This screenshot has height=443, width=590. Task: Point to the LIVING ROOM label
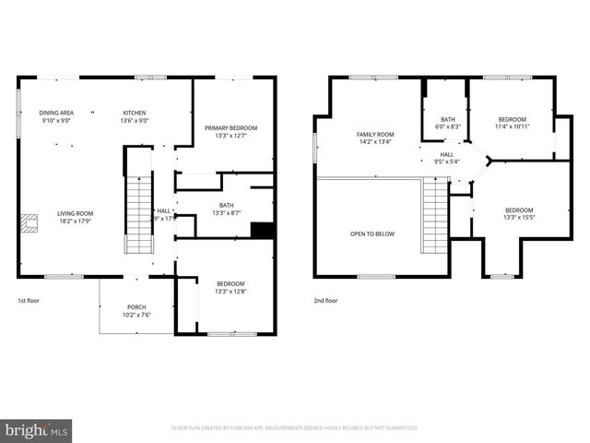point(75,213)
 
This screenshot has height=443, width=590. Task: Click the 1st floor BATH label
point(226,205)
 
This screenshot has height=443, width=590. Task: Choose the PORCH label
point(136,307)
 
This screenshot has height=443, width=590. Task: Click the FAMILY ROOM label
point(375,135)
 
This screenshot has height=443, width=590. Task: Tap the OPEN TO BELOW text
point(372,233)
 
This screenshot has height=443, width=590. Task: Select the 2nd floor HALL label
point(446,154)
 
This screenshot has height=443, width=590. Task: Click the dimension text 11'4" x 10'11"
point(512,126)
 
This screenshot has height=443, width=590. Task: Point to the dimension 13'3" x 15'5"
point(518,218)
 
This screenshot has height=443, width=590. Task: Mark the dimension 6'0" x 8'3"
point(448,126)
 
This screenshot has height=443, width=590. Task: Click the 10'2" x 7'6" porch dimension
point(136,315)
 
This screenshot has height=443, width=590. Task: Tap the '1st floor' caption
point(29,301)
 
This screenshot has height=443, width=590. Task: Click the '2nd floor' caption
point(325,301)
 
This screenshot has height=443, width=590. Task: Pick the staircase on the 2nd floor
point(434,216)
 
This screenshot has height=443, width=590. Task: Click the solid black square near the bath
point(263,231)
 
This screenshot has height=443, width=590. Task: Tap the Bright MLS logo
point(36,430)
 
